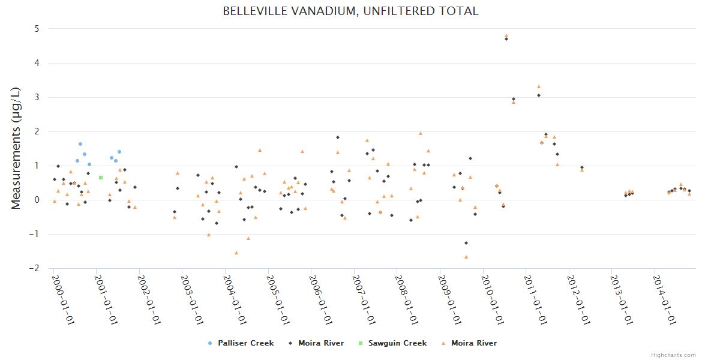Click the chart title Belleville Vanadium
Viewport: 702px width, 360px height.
point(350,11)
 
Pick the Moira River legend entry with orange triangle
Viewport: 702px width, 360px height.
point(473,343)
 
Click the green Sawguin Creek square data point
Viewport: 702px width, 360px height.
point(101,178)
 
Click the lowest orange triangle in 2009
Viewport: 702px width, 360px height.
point(466,257)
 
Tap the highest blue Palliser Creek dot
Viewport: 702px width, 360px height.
point(80,144)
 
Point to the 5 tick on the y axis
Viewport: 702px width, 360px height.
point(37,29)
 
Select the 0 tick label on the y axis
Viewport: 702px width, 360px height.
point(37,200)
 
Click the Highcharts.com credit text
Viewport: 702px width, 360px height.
point(673,355)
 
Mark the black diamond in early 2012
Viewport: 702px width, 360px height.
point(581,167)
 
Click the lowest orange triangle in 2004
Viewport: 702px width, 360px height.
point(236,253)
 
